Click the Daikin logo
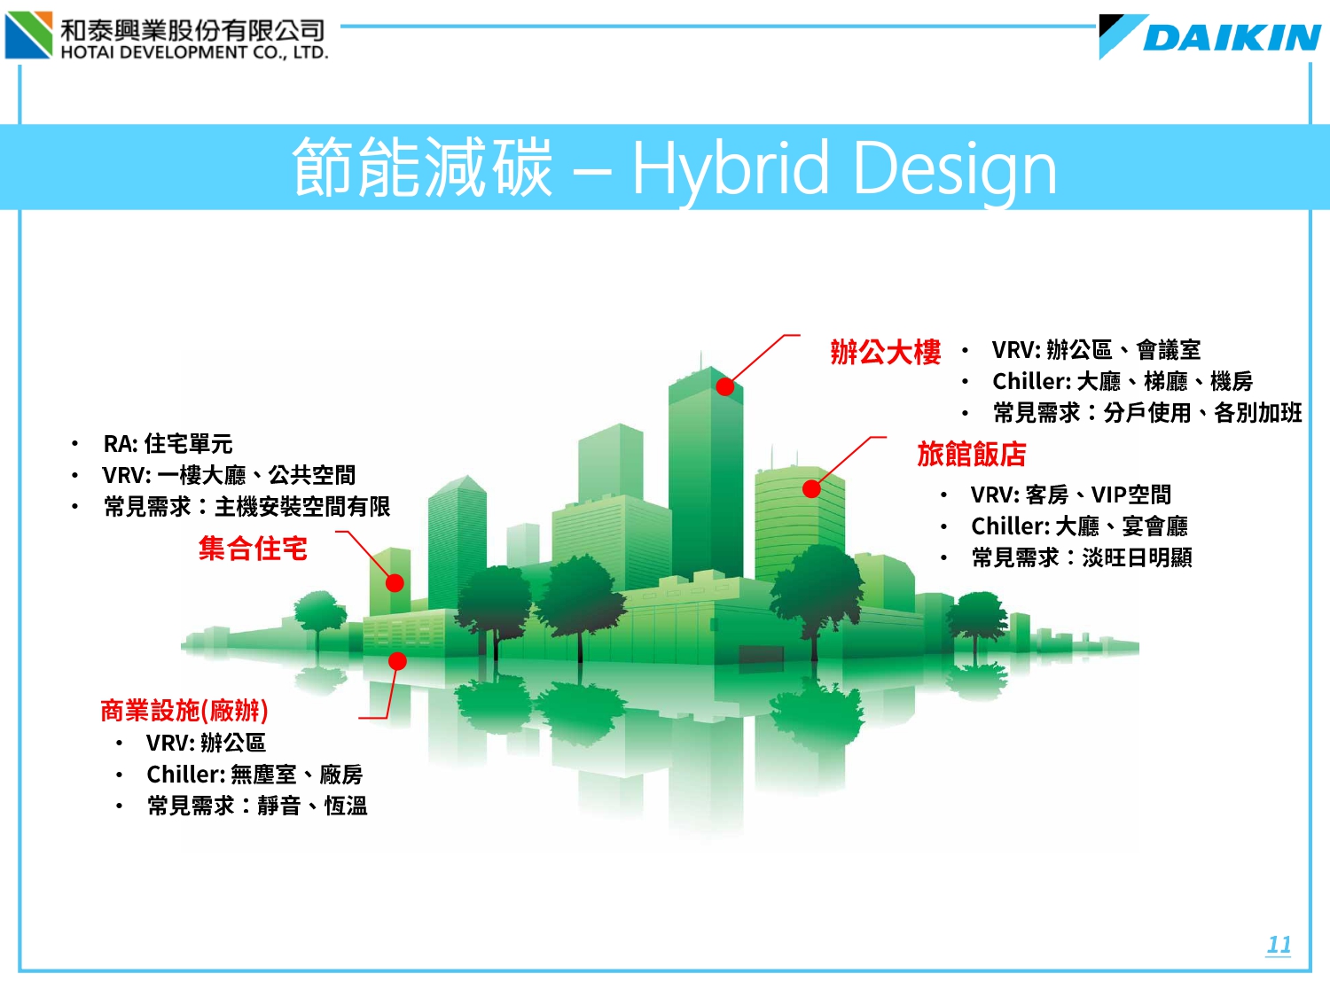pyautogui.click(x=1209, y=35)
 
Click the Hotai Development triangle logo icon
pyautogui.click(x=28, y=35)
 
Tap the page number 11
pyautogui.click(x=1278, y=945)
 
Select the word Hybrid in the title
pyautogui.click(x=730, y=167)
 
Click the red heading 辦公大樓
pyautogui.click(x=885, y=352)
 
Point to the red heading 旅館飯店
pyautogui.click(x=971, y=454)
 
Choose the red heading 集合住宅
pyautogui.click(x=253, y=549)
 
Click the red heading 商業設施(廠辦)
pyautogui.click(x=184, y=710)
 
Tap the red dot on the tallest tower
pyautogui.click(x=724, y=386)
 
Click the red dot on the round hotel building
pyautogui.click(x=811, y=488)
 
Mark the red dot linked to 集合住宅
pyautogui.click(x=395, y=583)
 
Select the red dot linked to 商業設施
pyautogui.click(x=397, y=660)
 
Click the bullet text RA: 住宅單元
pyautogui.click(x=168, y=444)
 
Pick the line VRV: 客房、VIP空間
pyautogui.click(x=1071, y=495)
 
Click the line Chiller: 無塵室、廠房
pyautogui.click(x=254, y=775)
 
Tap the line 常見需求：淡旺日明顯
pyautogui.click(x=1082, y=557)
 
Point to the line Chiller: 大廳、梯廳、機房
pyautogui.click(x=1123, y=381)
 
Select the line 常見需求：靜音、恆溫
pyautogui.click(x=257, y=806)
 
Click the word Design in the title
pyautogui.click(x=955, y=167)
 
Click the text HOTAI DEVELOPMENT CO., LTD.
pyautogui.click(x=194, y=52)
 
